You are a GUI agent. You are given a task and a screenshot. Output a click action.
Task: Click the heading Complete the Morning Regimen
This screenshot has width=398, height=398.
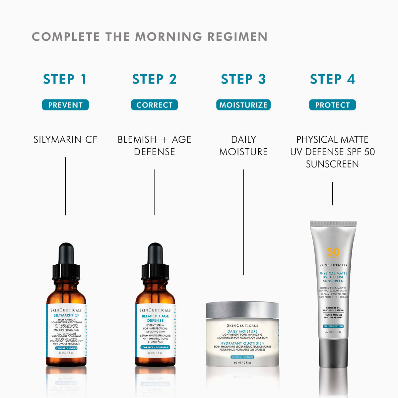coord(150,36)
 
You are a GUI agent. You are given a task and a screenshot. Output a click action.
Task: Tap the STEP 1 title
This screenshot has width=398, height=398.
coord(65,79)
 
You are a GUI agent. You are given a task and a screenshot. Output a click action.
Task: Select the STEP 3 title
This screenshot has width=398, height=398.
coord(243,79)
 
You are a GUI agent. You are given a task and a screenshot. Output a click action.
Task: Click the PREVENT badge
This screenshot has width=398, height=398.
coord(65,105)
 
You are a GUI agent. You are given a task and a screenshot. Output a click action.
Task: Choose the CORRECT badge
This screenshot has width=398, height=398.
coord(154,105)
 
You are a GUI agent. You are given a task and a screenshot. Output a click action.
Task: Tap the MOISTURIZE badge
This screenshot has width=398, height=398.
coord(243,105)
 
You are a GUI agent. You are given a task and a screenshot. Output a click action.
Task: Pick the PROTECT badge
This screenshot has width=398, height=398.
coord(332,105)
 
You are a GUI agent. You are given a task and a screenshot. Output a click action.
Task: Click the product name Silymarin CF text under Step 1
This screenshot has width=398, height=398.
coord(65,140)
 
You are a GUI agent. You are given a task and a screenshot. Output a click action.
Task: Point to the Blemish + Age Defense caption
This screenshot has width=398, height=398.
coord(154,146)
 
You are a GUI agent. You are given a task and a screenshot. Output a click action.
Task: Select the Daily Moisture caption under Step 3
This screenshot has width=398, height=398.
coord(243,146)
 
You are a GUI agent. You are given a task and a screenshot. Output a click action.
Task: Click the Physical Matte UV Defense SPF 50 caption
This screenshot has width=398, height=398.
coord(332,152)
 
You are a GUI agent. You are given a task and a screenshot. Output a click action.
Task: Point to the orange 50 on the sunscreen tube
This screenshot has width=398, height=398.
coord(333,252)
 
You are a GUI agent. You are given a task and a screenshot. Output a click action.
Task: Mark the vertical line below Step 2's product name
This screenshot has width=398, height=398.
coord(154,192)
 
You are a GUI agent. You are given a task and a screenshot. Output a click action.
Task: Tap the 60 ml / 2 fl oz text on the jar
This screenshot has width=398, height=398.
coord(242,363)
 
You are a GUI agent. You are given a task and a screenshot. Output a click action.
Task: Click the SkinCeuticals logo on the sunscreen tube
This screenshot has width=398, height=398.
coord(333,265)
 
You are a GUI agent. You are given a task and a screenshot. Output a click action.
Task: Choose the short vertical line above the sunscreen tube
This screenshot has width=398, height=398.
coord(332,193)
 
